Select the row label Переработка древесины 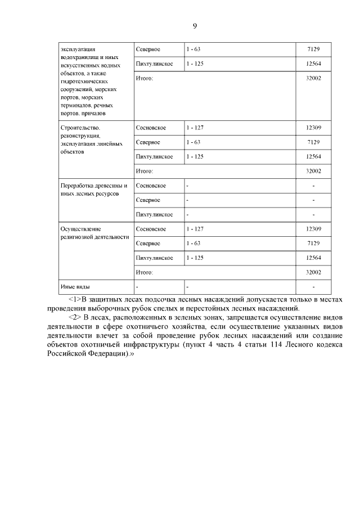point(94,186)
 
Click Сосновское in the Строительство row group point(151,128)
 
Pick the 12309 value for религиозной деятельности point(313,229)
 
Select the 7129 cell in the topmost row point(313,49)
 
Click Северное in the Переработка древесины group point(148,200)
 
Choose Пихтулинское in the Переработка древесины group point(154,214)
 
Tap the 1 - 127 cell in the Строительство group point(195,128)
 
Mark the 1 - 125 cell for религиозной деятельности point(195,258)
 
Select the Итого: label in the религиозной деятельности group point(145,272)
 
